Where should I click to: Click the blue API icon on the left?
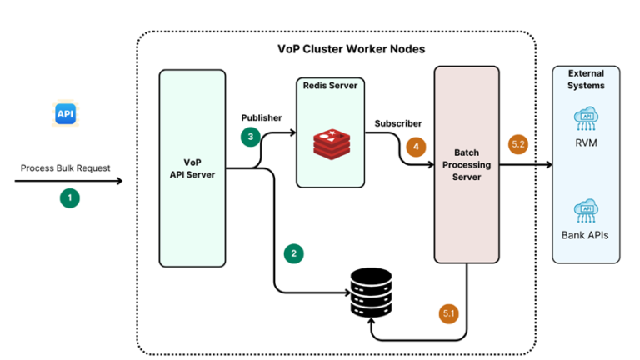coord(66,113)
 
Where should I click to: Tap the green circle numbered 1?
coord(71,198)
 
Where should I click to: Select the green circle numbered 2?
coord(292,252)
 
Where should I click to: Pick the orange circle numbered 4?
coord(415,145)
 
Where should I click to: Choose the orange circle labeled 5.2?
coord(517,145)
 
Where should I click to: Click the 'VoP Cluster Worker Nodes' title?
coord(351,49)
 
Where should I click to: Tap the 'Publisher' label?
coord(262,117)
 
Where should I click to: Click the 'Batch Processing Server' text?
coord(472,164)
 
